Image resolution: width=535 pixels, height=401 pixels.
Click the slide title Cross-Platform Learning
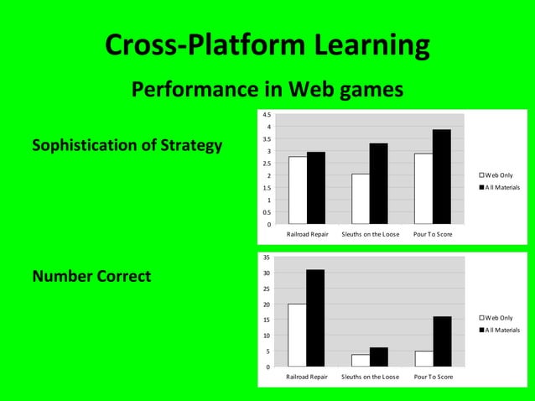267,45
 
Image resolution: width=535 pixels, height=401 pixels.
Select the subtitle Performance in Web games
267,88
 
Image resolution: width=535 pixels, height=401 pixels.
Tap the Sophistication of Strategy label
127,146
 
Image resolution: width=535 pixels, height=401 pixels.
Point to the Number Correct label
91,276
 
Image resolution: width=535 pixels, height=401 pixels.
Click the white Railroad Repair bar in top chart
298,190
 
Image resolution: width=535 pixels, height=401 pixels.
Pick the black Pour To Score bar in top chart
442,177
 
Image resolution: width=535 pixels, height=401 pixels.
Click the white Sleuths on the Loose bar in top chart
361,199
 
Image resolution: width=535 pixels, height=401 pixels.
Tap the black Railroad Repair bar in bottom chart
315,318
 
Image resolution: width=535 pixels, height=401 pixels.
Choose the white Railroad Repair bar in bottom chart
298,335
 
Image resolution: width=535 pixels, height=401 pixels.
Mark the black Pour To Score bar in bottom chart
442,341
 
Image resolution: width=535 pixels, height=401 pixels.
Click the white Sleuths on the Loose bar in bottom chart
361,361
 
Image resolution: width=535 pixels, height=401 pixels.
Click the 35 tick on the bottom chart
266,258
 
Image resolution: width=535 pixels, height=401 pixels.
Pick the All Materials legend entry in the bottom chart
500,330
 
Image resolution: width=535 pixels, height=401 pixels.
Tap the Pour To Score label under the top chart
433,234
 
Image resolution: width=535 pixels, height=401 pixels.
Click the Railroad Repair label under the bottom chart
307,378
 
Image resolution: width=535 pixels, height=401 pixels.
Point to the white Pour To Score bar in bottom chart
423,358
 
